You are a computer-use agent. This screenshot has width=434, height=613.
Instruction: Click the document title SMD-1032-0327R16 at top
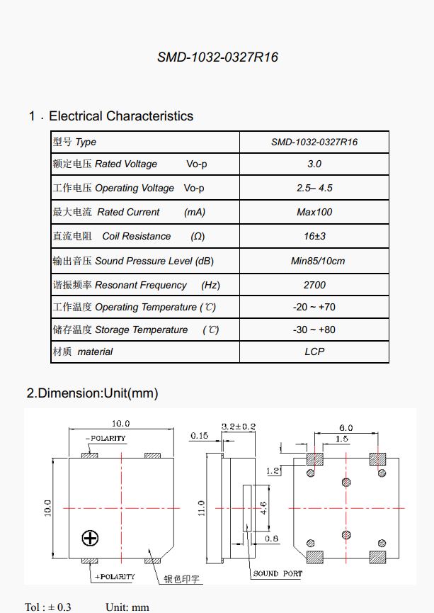(x=217, y=57)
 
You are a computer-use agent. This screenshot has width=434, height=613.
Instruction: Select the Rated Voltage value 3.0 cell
(x=314, y=164)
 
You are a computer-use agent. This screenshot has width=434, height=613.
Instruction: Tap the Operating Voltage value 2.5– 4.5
(x=314, y=188)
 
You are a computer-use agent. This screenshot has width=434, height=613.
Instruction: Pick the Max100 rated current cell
(x=314, y=212)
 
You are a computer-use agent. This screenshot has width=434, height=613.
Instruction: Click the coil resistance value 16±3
(x=314, y=236)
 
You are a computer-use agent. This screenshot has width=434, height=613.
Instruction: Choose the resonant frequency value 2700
(x=314, y=285)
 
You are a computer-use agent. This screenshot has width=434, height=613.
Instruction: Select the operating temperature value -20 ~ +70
(x=314, y=307)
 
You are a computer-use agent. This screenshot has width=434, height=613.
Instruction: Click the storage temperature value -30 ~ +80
(x=314, y=330)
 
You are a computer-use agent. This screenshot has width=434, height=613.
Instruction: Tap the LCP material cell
(x=314, y=352)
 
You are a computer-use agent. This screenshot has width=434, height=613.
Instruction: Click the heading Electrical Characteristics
(x=121, y=116)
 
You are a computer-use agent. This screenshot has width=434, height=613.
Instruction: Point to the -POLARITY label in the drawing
(x=105, y=439)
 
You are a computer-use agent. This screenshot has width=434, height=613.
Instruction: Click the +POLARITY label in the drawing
(x=115, y=576)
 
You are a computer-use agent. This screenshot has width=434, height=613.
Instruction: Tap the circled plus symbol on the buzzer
(x=90, y=538)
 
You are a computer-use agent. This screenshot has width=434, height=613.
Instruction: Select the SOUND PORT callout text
(x=278, y=573)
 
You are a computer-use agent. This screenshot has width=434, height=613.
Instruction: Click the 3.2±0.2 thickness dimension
(x=239, y=427)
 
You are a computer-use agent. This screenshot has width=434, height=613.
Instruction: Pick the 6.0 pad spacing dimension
(x=346, y=427)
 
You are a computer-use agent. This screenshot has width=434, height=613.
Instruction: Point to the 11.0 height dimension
(x=201, y=507)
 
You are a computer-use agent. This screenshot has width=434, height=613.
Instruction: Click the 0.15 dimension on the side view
(x=199, y=437)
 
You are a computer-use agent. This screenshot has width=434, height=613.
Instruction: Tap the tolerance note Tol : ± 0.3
(x=48, y=607)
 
